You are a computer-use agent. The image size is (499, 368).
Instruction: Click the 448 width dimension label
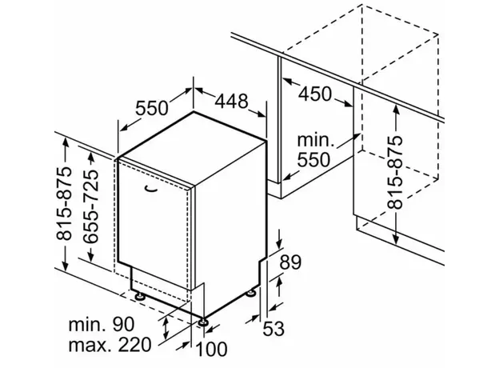click(x=231, y=101)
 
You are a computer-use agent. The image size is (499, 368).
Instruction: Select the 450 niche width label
click(x=315, y=94)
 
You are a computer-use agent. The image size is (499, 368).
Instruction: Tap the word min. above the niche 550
click(x=316, y=140)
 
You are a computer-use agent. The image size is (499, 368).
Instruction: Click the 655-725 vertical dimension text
click(x=88, y=206)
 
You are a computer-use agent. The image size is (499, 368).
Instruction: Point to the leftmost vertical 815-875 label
click(x=64, y=203)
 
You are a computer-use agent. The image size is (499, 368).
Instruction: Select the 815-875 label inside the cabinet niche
click(x=395, y=172)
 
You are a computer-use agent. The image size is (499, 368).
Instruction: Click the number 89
click(x=290, y=262)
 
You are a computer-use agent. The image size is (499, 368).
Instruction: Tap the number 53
click(x=273, y=328)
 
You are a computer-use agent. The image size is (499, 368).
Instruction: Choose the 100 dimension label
click(x=211, y=349)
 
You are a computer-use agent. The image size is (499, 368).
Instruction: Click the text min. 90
click(x=102, y=324)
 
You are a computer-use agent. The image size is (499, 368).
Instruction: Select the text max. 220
click(x=110, y=345)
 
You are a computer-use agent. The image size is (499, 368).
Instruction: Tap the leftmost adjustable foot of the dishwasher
click(x=139, y=296)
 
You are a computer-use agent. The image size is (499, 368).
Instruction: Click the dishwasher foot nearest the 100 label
click(x=203, y=322)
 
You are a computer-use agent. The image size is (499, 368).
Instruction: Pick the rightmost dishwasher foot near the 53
click(x=251, y=293)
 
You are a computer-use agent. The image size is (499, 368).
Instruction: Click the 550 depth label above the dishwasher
click(x=151, y=107)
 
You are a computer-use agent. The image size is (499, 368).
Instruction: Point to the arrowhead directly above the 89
click(x=279, y=244)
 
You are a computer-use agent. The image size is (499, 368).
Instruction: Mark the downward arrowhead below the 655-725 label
click(x=90, y=255)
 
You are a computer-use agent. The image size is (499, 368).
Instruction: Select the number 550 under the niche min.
click(x=313, y=160)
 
